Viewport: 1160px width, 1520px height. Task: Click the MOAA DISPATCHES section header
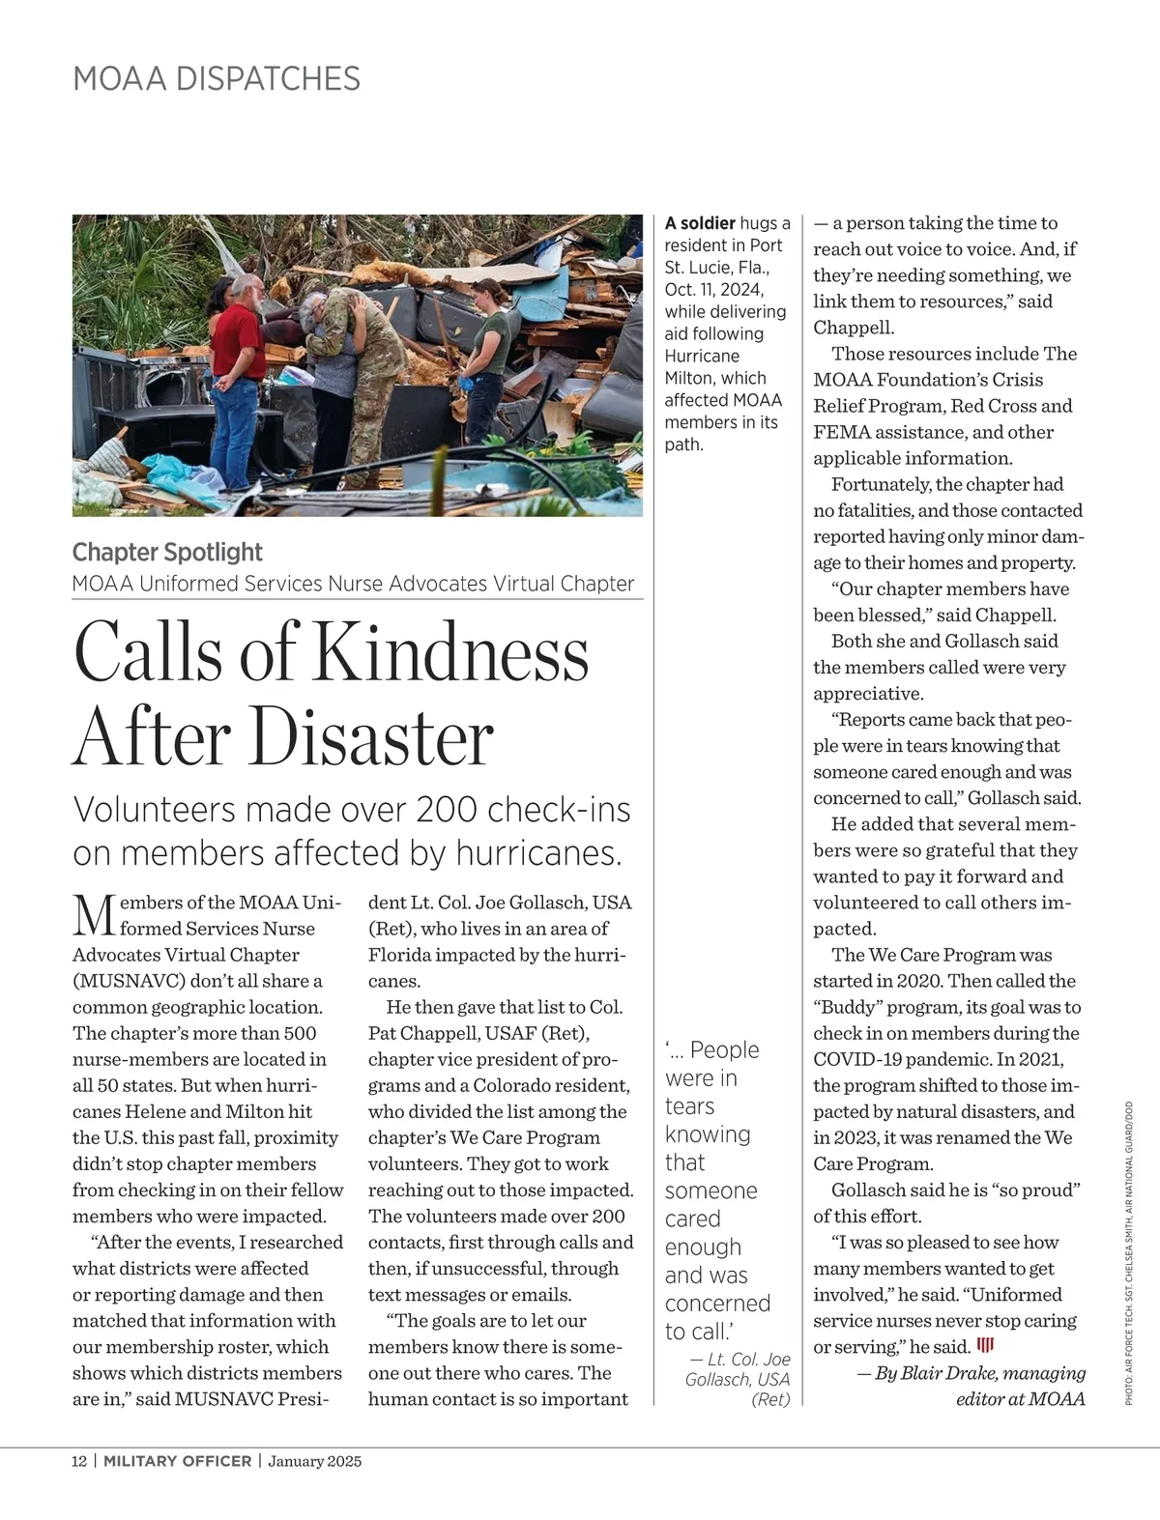(217, 78)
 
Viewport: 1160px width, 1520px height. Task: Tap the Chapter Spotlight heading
(167, 552)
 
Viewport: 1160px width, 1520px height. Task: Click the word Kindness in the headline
(451, 652)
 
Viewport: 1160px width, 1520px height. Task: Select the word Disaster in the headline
(372, 736)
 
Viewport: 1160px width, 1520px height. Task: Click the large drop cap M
(93, 915)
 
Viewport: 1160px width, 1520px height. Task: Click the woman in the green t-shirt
(489, 348)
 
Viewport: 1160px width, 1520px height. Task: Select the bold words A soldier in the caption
(700, 223)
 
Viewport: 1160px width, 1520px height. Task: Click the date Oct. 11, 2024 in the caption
(713, 290)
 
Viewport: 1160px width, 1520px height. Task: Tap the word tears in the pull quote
(689, 1106)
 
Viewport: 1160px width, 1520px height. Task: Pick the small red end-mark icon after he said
(986, 1346)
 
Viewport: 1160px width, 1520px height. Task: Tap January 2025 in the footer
(315, 1461)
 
